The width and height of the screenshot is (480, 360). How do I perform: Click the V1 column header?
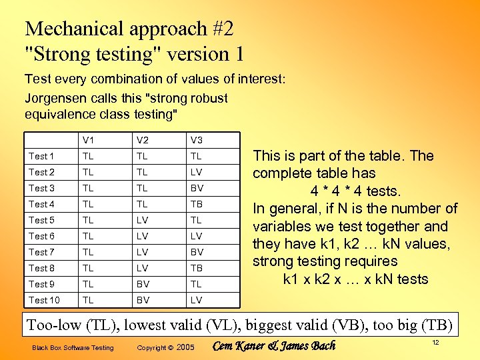(x=88, y=140)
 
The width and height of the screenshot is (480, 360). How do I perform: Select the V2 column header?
(x=142, y=140)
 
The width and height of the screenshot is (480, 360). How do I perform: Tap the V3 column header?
(x=196, y=140)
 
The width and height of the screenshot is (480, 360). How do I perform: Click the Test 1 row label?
(x=41, y=156)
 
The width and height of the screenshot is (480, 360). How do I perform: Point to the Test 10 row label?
(x=44, y=300)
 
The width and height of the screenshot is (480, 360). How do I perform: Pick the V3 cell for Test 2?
(x=196, y=172)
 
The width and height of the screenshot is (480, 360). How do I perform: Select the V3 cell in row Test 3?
(x=196, y=188)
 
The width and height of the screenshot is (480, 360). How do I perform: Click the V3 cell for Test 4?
(x=196, y=204)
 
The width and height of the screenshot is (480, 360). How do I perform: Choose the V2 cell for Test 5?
(x=142, y=220)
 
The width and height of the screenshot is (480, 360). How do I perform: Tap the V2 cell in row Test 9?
(x=142, y=284)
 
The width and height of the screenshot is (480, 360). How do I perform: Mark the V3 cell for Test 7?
(x=196, y=252)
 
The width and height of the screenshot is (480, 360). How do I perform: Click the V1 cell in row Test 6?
(x=88, y=236)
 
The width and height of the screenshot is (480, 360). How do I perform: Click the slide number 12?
(x=435, y=342)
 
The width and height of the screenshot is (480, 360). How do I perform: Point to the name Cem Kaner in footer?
(x=240, y=346)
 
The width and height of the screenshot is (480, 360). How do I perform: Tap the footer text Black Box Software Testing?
(x=73, y=347)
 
